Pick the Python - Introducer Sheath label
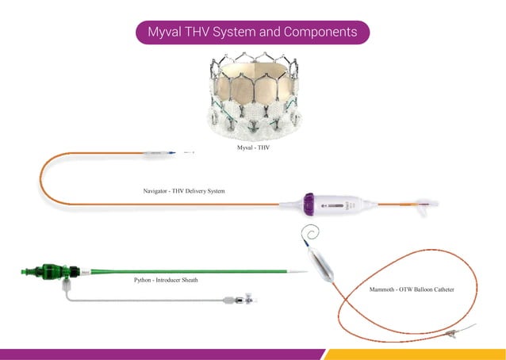pyautogui.click(x=166, y=280)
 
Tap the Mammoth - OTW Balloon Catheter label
pyautogui.click(x=412, y=290)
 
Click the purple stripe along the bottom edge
pyautogui.click(x=159, y=354)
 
